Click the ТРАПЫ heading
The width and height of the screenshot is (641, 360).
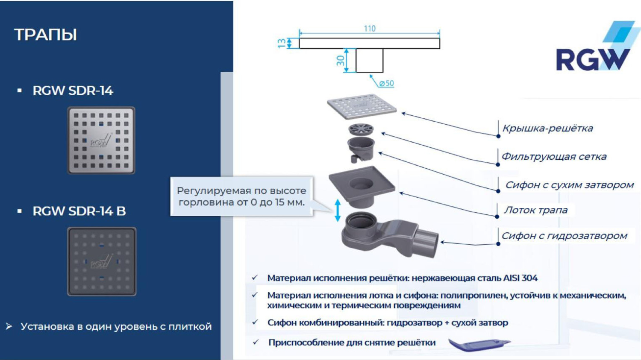click(46, 35)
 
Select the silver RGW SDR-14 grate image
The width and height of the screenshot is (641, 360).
click(101, 140)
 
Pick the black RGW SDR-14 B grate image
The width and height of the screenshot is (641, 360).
click(102, 261)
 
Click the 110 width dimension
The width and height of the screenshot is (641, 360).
click(370, 29)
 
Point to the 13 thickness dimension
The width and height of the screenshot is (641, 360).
click(282, 43)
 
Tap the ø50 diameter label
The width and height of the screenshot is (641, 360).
click(386, 83)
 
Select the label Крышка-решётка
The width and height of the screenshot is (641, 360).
click(547, 128)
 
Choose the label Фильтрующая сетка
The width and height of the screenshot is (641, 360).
click(554, 156)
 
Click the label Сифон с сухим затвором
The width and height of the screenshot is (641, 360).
click(569, 185)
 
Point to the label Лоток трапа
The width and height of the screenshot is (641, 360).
click(536, 210)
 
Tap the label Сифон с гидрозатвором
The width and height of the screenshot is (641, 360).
click(564, 236)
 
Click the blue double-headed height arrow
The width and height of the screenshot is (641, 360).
click(338, 210)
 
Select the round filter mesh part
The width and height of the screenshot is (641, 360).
click(361, 129)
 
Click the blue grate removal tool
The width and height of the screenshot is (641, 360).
click(479, 344)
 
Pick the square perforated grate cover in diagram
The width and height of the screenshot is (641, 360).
click(362, 106)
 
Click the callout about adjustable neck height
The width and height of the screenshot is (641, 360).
click(241, 196)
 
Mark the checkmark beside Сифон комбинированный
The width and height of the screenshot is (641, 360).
click(255, 322)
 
